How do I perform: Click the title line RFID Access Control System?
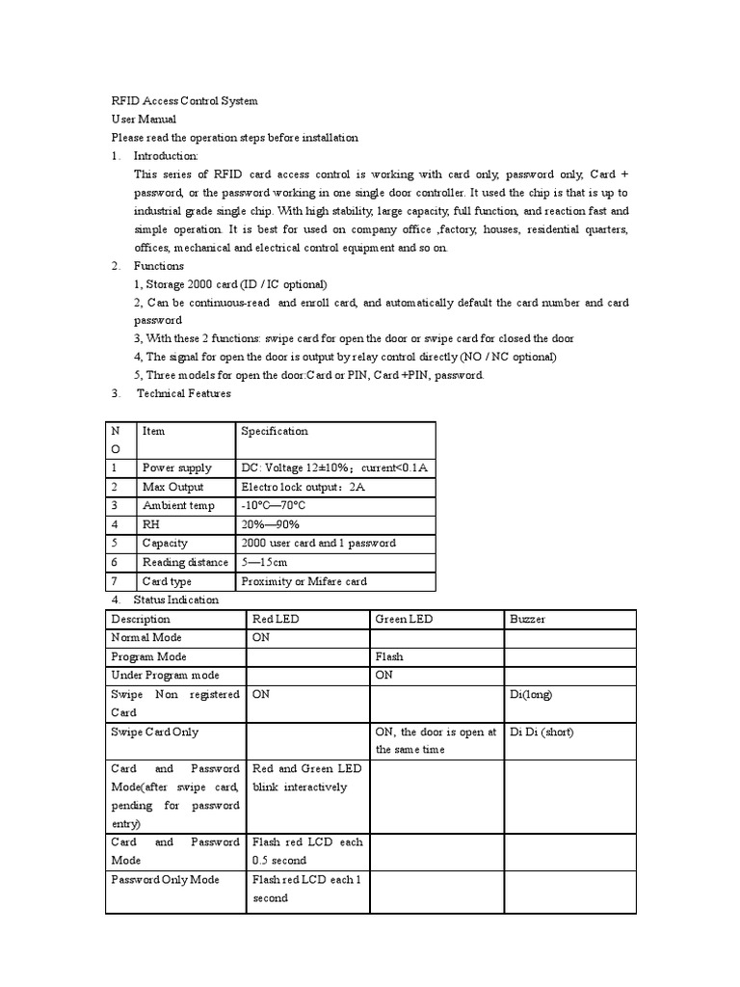184,100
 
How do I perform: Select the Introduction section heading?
165,155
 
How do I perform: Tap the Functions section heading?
158,265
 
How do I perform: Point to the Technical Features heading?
183,393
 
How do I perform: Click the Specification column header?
275,431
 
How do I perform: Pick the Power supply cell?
176,467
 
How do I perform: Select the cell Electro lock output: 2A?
303,487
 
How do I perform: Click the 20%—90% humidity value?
270,524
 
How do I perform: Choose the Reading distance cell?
185,562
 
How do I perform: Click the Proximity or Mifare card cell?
304,581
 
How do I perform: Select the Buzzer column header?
526,619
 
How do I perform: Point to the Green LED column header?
404,619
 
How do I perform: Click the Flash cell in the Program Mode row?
389,656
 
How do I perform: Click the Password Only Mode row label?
165,879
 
